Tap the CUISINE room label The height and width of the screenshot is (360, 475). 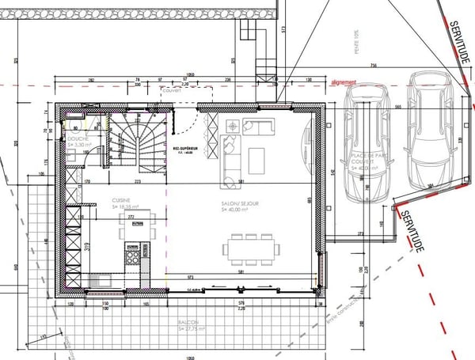point(121,200)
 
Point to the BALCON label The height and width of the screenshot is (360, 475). point(188,324)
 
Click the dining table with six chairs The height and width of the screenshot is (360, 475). point(249,248)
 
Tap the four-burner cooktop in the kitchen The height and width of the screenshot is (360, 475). point(132,252)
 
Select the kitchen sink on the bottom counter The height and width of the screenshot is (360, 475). point(103,279)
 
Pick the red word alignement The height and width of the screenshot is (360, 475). point(343,81)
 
